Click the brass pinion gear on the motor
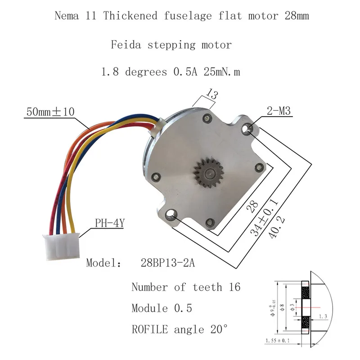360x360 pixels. [x=207, y=171]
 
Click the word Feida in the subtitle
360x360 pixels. [x=125, y=45]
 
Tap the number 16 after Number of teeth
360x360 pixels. [x=234, y=287]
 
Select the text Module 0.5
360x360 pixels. [x=162, y=309]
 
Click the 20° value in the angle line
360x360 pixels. [x=218, y=330]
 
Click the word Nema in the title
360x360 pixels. [x=65, y=17]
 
